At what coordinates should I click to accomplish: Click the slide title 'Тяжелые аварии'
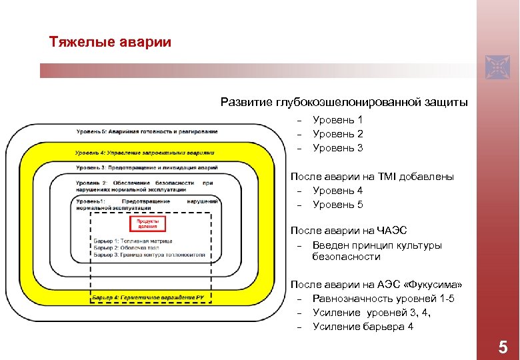(x=110, y=43)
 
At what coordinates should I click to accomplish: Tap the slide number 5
(x=503, y=347)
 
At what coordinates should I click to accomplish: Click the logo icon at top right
(x=497, y=67)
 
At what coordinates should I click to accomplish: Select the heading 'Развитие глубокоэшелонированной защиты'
(x=344, y=103)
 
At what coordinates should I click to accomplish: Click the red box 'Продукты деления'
(x=147, y=223)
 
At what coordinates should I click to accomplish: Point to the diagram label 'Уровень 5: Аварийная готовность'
(x=147, y=131)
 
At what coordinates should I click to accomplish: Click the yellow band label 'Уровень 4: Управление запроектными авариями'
(x=145, y=153)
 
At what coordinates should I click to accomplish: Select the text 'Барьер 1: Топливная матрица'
(x=133, y=241)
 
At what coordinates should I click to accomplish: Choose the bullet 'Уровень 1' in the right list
(x=337, y=120)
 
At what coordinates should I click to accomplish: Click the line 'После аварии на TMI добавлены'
(x=372, y=177)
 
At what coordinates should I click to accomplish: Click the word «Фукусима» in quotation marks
(x=433, y=285)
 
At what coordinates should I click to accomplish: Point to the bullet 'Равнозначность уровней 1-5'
(x=383, y=299)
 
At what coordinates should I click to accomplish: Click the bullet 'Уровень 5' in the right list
(x=337, y=205)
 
